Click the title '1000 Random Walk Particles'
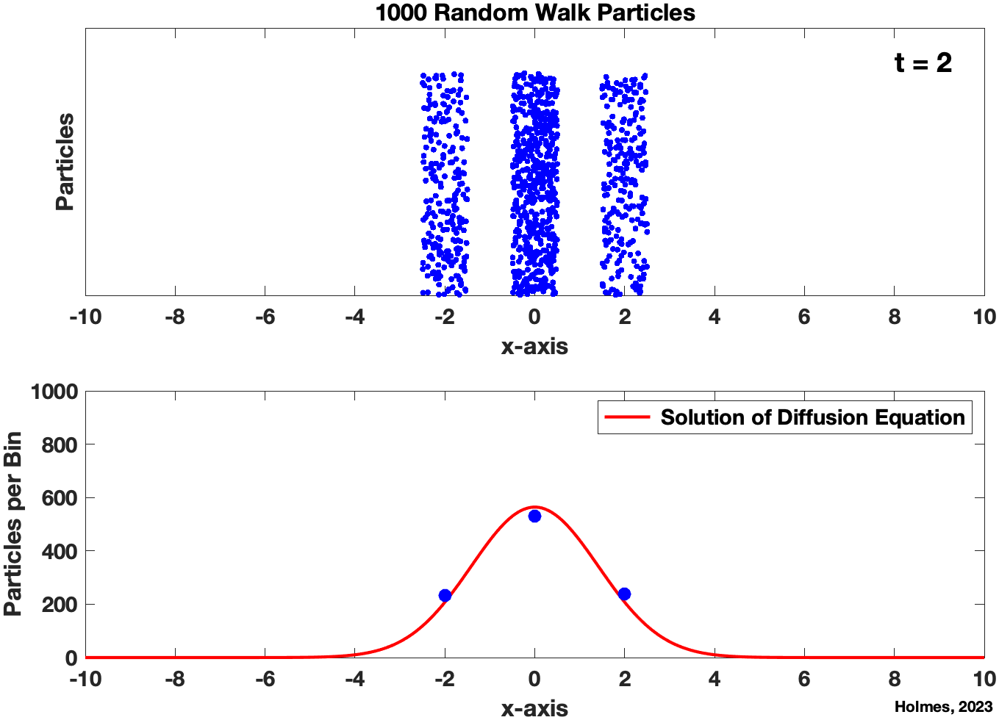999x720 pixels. [535, 12]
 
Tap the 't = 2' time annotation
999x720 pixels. [923, 63]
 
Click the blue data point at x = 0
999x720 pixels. [534, 516]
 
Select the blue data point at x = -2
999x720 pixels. [445, 595]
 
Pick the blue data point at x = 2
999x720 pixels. [624, 594]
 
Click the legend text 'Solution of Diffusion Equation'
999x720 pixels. [812, 417]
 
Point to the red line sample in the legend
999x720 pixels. [627, 417]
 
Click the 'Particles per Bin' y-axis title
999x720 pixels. [12, 524]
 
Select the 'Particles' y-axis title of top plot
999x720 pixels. [65, 162]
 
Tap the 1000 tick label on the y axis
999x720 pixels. [54, 392]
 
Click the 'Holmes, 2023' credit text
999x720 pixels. [943, 707]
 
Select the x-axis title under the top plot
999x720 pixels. [534, 346]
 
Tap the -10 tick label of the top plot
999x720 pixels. [85, 317]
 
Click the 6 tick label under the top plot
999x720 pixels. [804, 317]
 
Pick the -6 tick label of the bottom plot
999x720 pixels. [265, 679]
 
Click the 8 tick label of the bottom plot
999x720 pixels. [894, 679]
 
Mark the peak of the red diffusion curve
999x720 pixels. [534, 507]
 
